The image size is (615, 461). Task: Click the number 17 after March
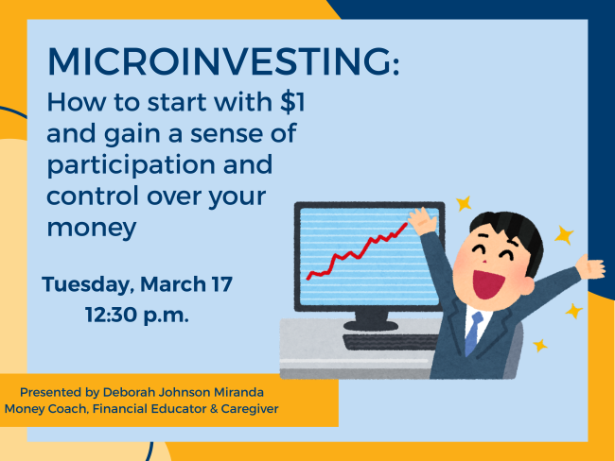218,282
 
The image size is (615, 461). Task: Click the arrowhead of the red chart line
408,225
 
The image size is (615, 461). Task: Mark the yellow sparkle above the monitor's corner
463,202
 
